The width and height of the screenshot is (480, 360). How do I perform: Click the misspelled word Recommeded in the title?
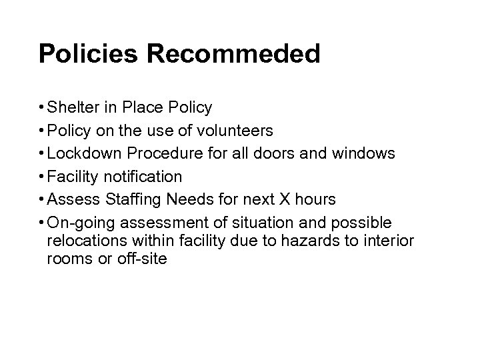(x=225, y=53)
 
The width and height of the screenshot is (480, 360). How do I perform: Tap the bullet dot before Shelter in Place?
(x=41, y=107)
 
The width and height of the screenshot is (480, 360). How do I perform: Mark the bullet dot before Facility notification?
(x=41, y=177)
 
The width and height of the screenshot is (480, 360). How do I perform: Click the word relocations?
(x=85, y=240)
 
